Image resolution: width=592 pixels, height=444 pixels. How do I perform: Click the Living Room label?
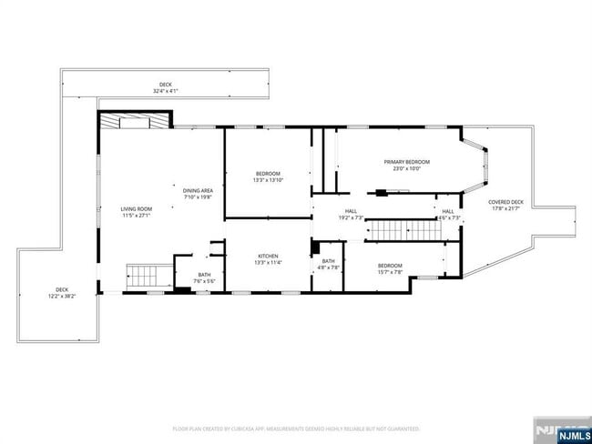coord(135,208)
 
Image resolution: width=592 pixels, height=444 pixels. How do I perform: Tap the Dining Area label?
coord(198,189)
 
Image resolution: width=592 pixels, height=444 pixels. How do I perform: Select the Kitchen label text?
coord(268,257)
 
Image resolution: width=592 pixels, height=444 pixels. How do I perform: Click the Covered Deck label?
coord(505,202)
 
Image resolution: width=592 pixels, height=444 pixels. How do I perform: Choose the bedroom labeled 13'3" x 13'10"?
coord(268,177)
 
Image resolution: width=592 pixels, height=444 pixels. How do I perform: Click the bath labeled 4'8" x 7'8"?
coord(328,264)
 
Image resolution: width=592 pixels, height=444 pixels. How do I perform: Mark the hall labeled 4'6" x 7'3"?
coord(449,214)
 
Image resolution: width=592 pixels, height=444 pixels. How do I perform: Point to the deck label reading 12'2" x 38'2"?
coord(62,293)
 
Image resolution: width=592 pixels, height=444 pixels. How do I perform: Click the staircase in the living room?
coord(142,274)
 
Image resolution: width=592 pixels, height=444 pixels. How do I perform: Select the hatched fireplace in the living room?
coord(134,122)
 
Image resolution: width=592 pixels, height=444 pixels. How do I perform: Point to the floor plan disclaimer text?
coord(296,428)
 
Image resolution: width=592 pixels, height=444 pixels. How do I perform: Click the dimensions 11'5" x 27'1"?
coord(135,216)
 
